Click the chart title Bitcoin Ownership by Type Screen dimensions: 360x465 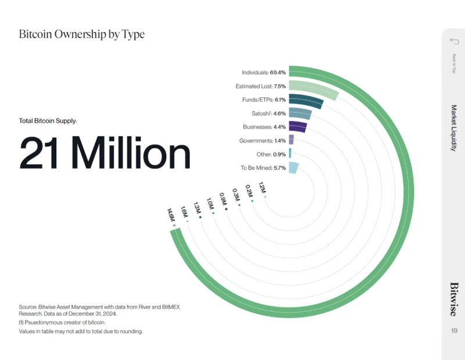click(82, 34)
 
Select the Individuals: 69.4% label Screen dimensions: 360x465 click(263, 73)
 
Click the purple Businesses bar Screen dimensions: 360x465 click(297, 127)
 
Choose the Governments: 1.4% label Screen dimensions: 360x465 click(262, 141)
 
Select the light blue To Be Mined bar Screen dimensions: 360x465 click(294, 168)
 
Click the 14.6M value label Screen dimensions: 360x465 click(170, 214)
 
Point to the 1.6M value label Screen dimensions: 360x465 click(184, 212)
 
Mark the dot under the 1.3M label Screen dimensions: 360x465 click(201, 218)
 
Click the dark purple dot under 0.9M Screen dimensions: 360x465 click(226, 209)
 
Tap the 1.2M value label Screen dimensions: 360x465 click(262, 188)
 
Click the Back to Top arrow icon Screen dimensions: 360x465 click(455, 41)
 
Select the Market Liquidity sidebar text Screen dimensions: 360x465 click(454, 128)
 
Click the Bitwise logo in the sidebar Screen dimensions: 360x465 click(454, 299)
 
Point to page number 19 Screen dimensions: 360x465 click(454, 330)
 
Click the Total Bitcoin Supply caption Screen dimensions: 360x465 click(48, 121)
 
